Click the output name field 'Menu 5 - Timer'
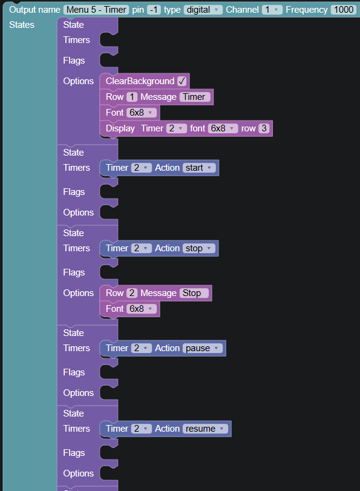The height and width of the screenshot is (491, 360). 96,10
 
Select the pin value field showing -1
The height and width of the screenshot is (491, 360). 154,10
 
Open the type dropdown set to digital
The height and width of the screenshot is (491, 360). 203,10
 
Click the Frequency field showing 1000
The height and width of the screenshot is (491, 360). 344,10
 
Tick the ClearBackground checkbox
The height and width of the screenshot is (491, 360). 182,81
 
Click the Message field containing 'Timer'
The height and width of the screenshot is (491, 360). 195,97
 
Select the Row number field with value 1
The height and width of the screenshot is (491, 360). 132,97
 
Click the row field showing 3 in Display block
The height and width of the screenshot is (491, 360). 264,128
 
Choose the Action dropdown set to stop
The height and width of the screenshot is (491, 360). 199,248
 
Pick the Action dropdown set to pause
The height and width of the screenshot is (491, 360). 203,348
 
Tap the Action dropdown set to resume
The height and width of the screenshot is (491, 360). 205,429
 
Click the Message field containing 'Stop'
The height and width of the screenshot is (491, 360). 194,293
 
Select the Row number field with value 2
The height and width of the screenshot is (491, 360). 132,293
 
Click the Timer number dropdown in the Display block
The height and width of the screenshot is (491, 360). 177,128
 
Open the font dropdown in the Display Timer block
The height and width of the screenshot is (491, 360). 223,128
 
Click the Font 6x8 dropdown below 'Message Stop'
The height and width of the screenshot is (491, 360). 142,309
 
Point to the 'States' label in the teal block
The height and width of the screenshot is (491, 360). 22,25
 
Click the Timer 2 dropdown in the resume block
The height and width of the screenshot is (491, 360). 142,429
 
